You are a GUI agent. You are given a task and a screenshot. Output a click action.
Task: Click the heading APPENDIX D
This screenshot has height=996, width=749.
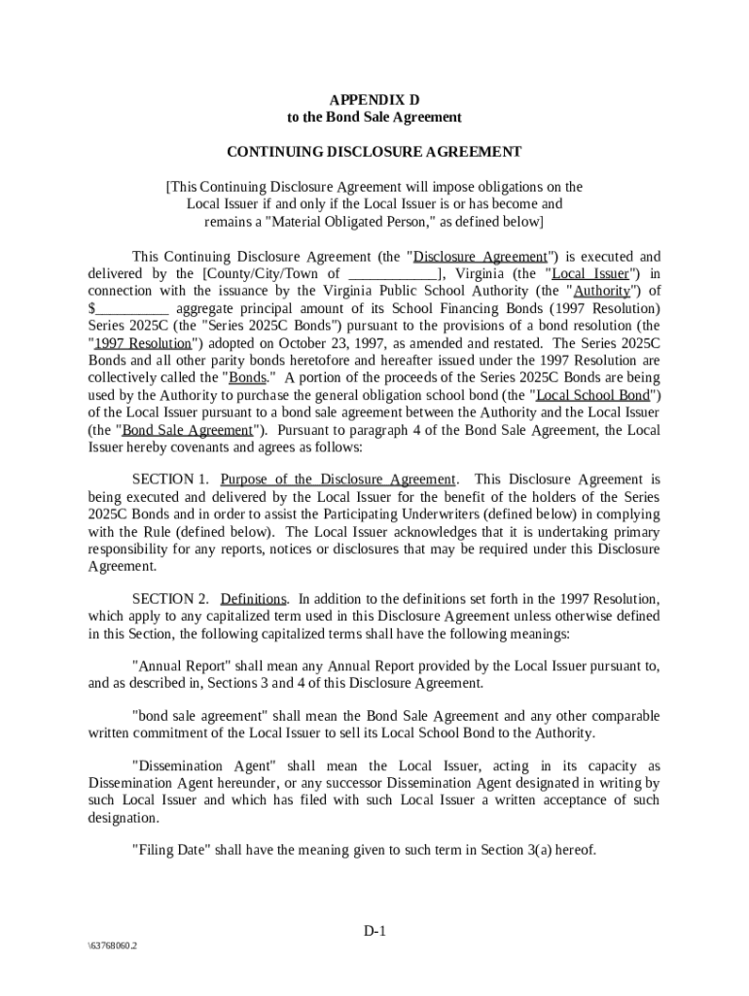(374, 100)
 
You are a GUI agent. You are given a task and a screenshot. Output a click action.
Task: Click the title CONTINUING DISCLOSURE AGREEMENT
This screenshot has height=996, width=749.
(374, 152)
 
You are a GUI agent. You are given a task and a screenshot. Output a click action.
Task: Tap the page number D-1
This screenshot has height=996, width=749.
(375, 931)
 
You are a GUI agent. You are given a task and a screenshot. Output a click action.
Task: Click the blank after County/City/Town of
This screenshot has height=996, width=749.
(392, 274)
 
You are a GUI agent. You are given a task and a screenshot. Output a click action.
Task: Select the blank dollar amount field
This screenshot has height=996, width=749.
(130, 309)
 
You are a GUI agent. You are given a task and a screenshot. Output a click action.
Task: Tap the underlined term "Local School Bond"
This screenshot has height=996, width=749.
(593, 395)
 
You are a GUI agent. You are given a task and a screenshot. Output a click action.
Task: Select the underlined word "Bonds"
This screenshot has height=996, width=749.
(247, 377)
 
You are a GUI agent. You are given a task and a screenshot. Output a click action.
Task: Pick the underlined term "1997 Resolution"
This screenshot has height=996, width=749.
(142, 342)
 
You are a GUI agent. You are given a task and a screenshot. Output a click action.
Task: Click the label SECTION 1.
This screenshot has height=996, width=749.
(170, 480)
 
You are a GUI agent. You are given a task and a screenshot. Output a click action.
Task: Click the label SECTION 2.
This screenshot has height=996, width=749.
(170, 598)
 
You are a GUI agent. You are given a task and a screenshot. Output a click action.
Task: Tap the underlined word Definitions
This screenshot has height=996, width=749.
(254, 598)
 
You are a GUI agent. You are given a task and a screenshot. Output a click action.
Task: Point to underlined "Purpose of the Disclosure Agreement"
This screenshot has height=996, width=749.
(338, 480)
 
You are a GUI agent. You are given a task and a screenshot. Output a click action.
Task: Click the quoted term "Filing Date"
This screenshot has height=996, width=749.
(170, 849)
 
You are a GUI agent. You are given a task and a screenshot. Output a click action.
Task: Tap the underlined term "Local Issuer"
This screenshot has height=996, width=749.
(590, 274)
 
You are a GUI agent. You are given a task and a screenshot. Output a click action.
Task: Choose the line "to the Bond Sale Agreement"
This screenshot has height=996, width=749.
(374, 118)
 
